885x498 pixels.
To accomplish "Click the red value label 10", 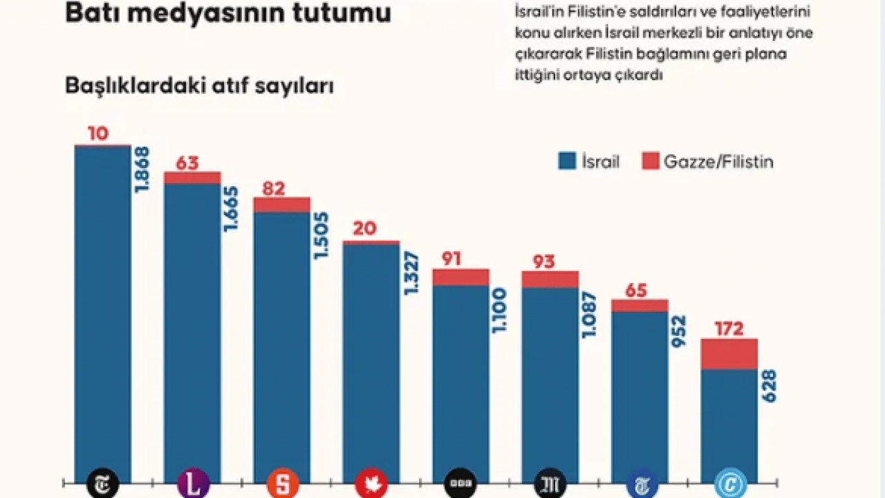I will (x=98, y=134).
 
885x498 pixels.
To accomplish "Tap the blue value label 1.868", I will (x=142, y=169).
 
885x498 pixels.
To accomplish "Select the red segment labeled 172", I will (x=729, y=354).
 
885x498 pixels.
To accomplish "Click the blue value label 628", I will (x=768, y=387).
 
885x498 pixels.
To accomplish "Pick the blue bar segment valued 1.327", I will (x=371, y=360).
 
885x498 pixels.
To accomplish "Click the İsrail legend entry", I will (x=589, y=162).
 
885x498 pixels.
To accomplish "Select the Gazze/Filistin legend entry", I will (x=707, y=162).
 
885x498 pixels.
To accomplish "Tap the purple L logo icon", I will (x=192, y=483).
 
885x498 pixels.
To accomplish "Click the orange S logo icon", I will (x=281, y=483).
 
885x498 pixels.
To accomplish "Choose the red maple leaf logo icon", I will (x=371, y=483).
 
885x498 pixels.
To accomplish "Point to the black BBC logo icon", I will (x=460, y=483).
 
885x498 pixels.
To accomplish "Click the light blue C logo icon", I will (x=729, y=483).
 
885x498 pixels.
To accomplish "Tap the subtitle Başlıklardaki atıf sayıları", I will (x=200, y=86).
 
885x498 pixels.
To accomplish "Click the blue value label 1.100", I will (x=500, y=311).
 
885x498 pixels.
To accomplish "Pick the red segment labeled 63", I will (x=192, y=178).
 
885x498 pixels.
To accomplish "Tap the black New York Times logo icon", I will (x=102, y=483).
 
